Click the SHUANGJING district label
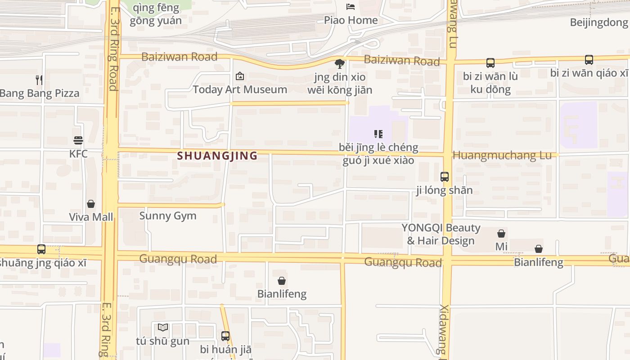pos(217,156)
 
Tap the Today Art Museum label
pos(240,90)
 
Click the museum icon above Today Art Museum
pos(240,76)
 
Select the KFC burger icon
pos(78,140)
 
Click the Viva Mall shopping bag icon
pos(91,204)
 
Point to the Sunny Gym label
pos(168,216)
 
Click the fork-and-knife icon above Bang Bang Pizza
pos(39,80)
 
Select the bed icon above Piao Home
pos(351,7)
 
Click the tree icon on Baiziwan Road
pos(340,64)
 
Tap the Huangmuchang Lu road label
pos(502,155)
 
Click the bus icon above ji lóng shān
pos(445,177)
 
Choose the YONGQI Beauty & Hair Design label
pos(441,234)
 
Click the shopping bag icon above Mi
pos(501,234)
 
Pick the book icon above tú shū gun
pos(163,328)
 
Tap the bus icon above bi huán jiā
pos(225,336)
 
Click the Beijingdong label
pos(598,22)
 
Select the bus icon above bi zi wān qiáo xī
pos(589,59)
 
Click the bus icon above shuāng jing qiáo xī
pos(41,249)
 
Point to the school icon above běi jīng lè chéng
pos(378,134)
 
